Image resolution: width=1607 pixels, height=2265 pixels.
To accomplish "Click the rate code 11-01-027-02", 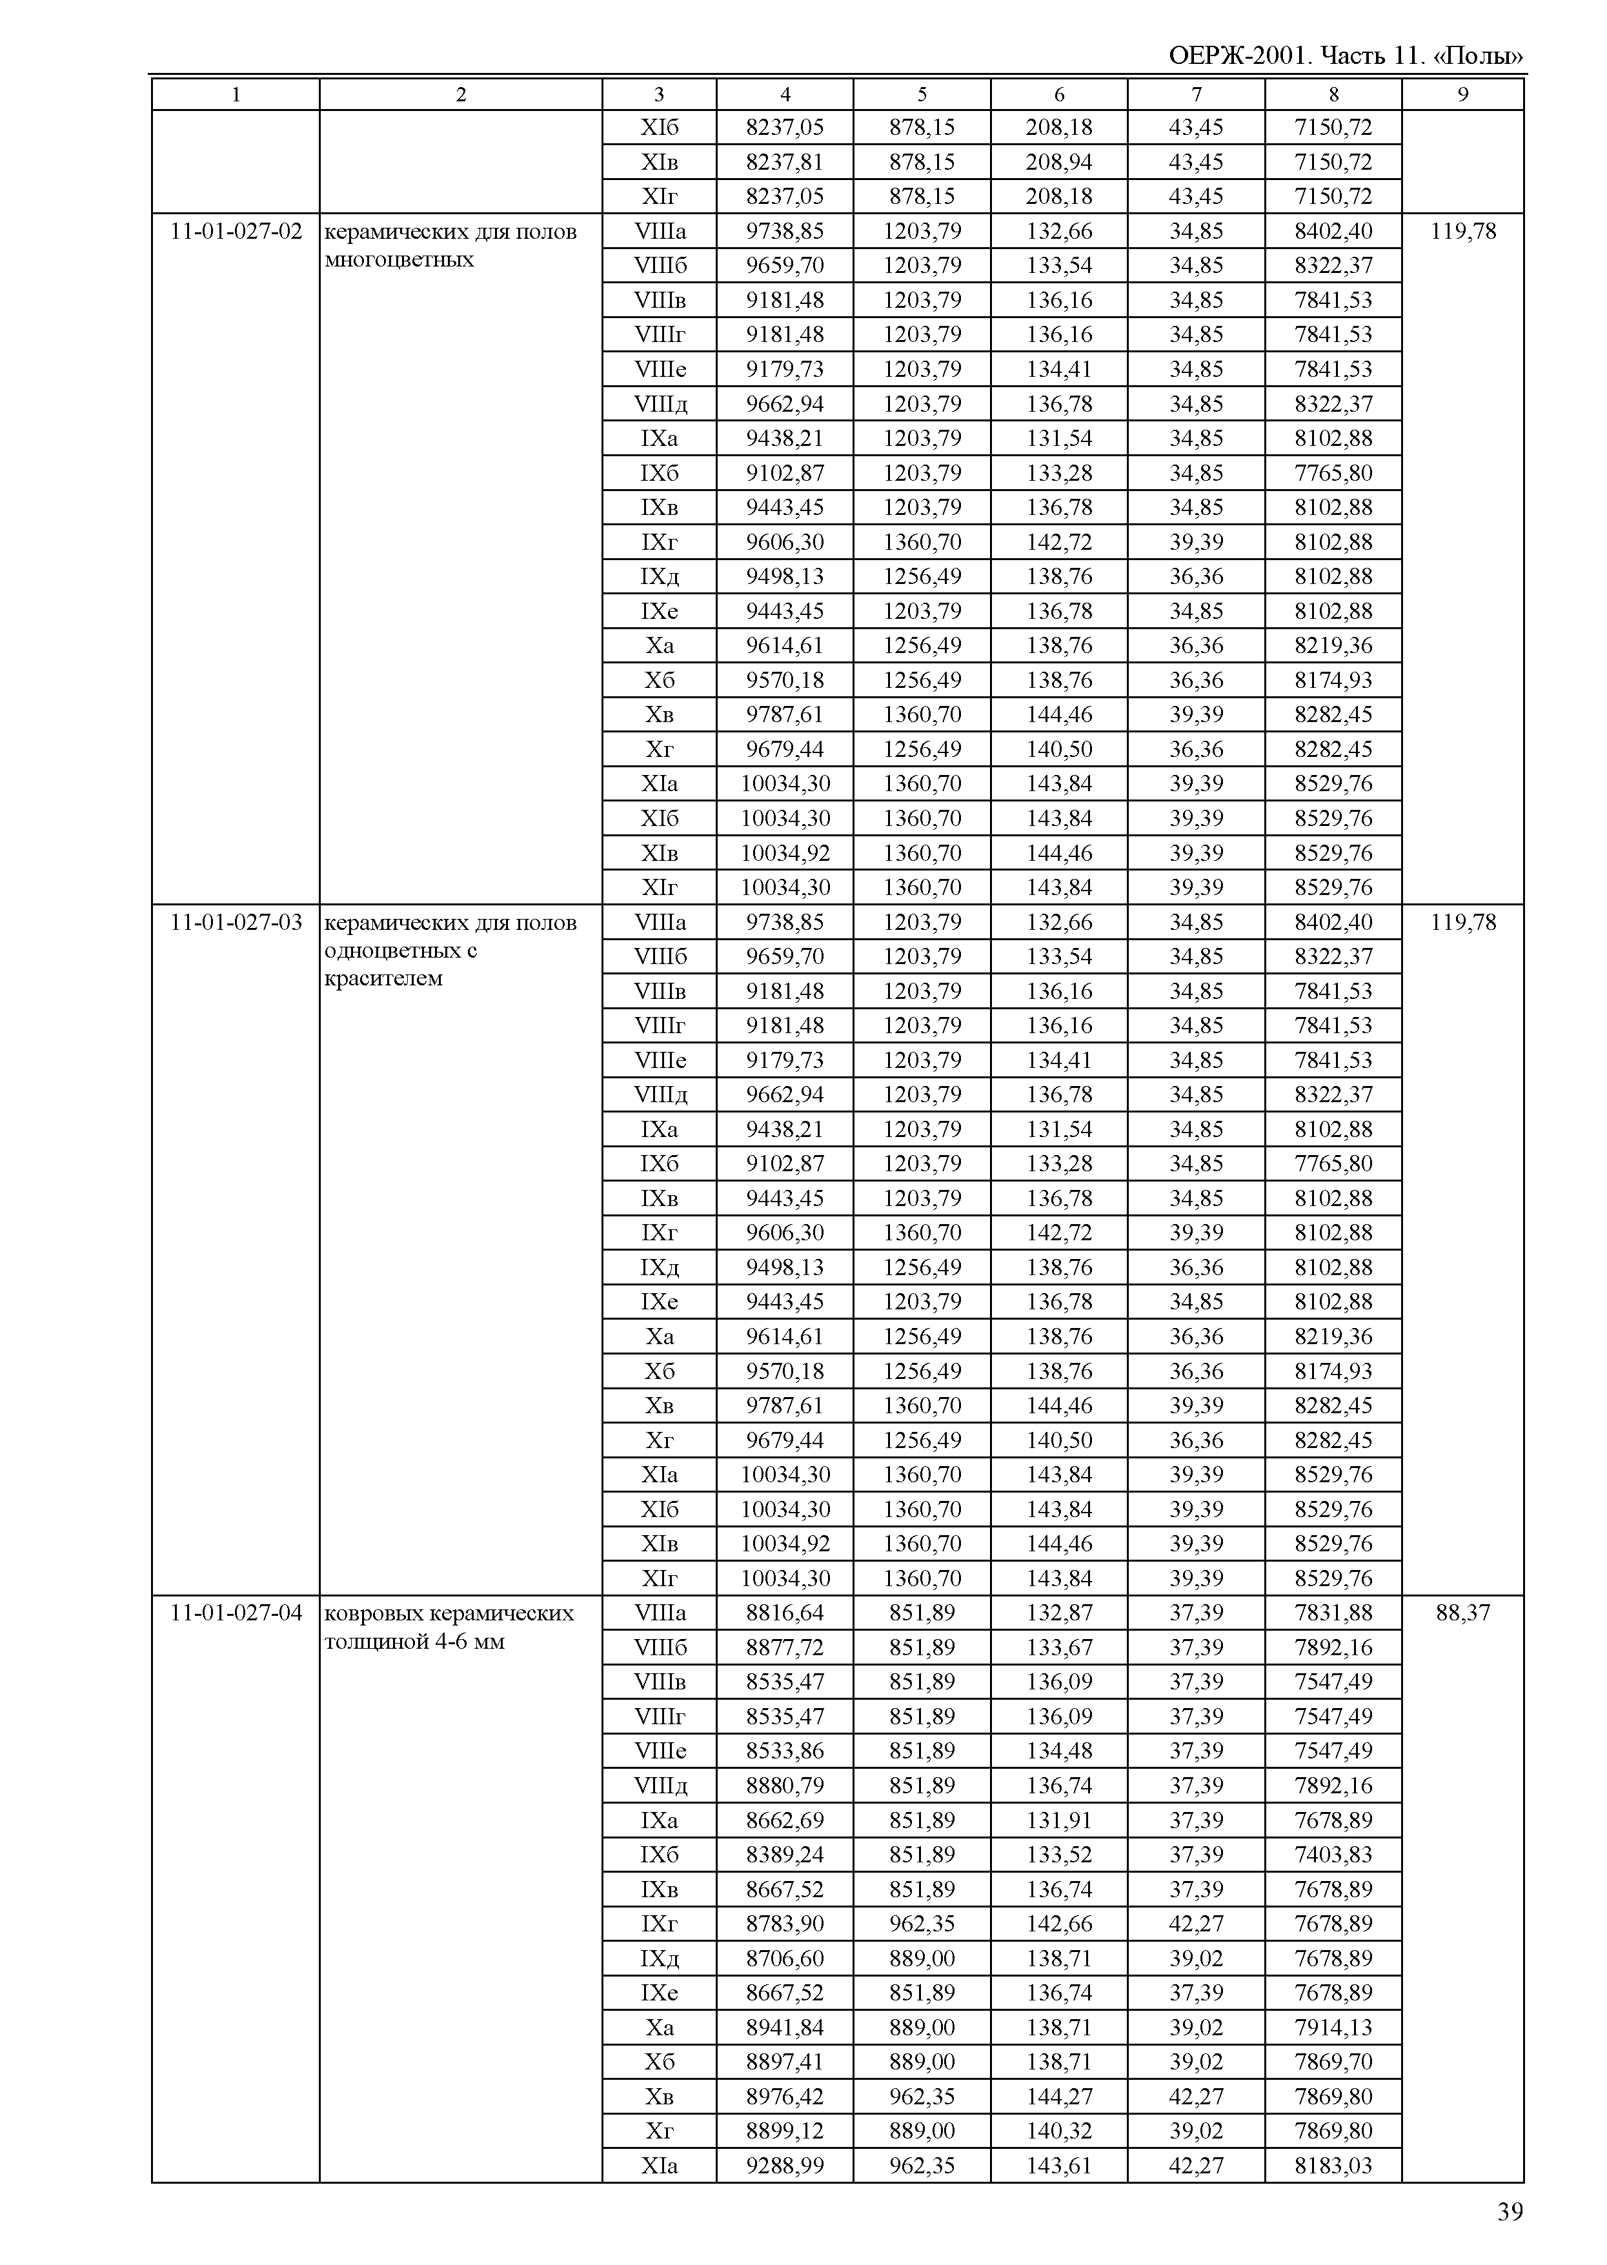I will point(236,232).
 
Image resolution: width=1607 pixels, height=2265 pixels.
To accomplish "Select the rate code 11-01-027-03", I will point(236,922).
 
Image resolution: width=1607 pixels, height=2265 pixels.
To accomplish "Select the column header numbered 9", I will point(1462,95).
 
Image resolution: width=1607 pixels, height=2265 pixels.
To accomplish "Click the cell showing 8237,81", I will point(785,162).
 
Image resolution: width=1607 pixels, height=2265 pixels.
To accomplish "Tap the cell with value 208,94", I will point(1059,162).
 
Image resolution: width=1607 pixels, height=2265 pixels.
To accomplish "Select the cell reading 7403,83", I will point(1333,1855).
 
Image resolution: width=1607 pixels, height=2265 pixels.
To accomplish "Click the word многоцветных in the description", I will point(399,260).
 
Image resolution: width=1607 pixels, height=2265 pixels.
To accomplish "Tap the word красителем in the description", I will point(384,979).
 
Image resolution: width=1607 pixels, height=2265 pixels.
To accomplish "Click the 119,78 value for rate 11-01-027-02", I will point(1462,232).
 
